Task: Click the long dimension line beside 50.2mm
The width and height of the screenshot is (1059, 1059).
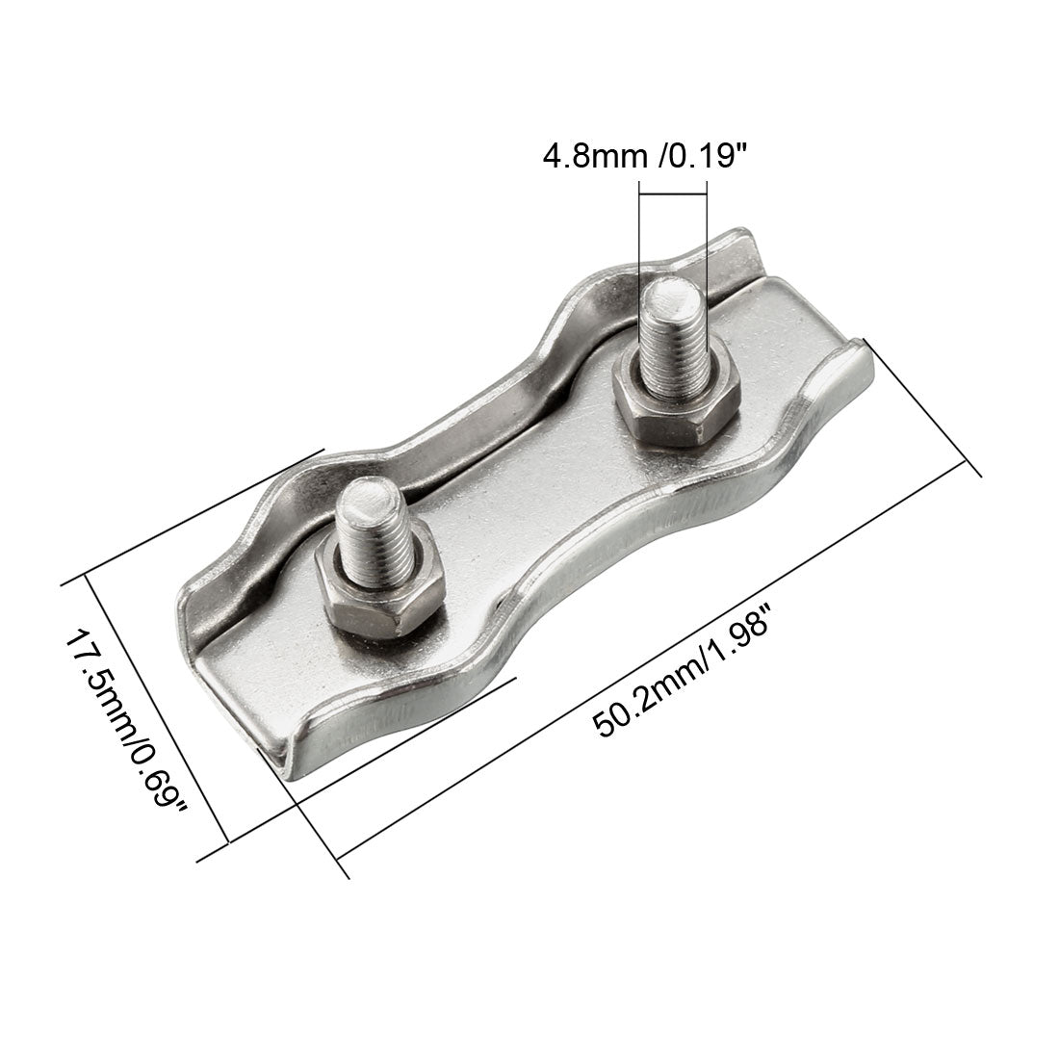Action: coord(655,655)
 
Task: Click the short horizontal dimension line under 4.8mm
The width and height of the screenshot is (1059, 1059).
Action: coord(672,196)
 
